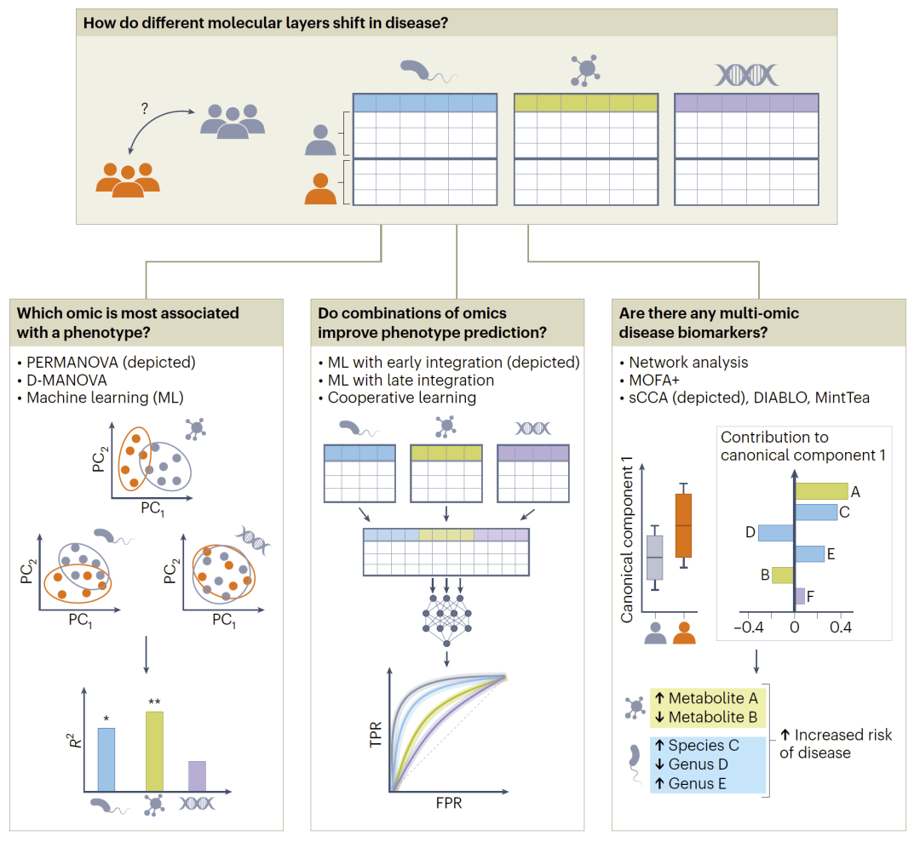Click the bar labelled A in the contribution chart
pyautogui.click(x=821, y=491)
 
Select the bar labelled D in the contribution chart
pyautogui.click(x=775, y=533)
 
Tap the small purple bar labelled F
pyautogui.click(x=799, y=595)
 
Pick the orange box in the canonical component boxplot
pyautogui.click(x=683, y=525)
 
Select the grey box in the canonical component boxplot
pyautogui.click(x=654, y=557)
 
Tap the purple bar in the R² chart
pyautogui.click(x=197, y=776)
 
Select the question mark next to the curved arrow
pyautogui.click(x=144, y=109)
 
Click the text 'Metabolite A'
pyautogui.click(x=712, y=698)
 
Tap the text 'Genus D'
pyautogui.click(x=698, y=765)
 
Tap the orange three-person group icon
pyautogui.click(x=128, y=175)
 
